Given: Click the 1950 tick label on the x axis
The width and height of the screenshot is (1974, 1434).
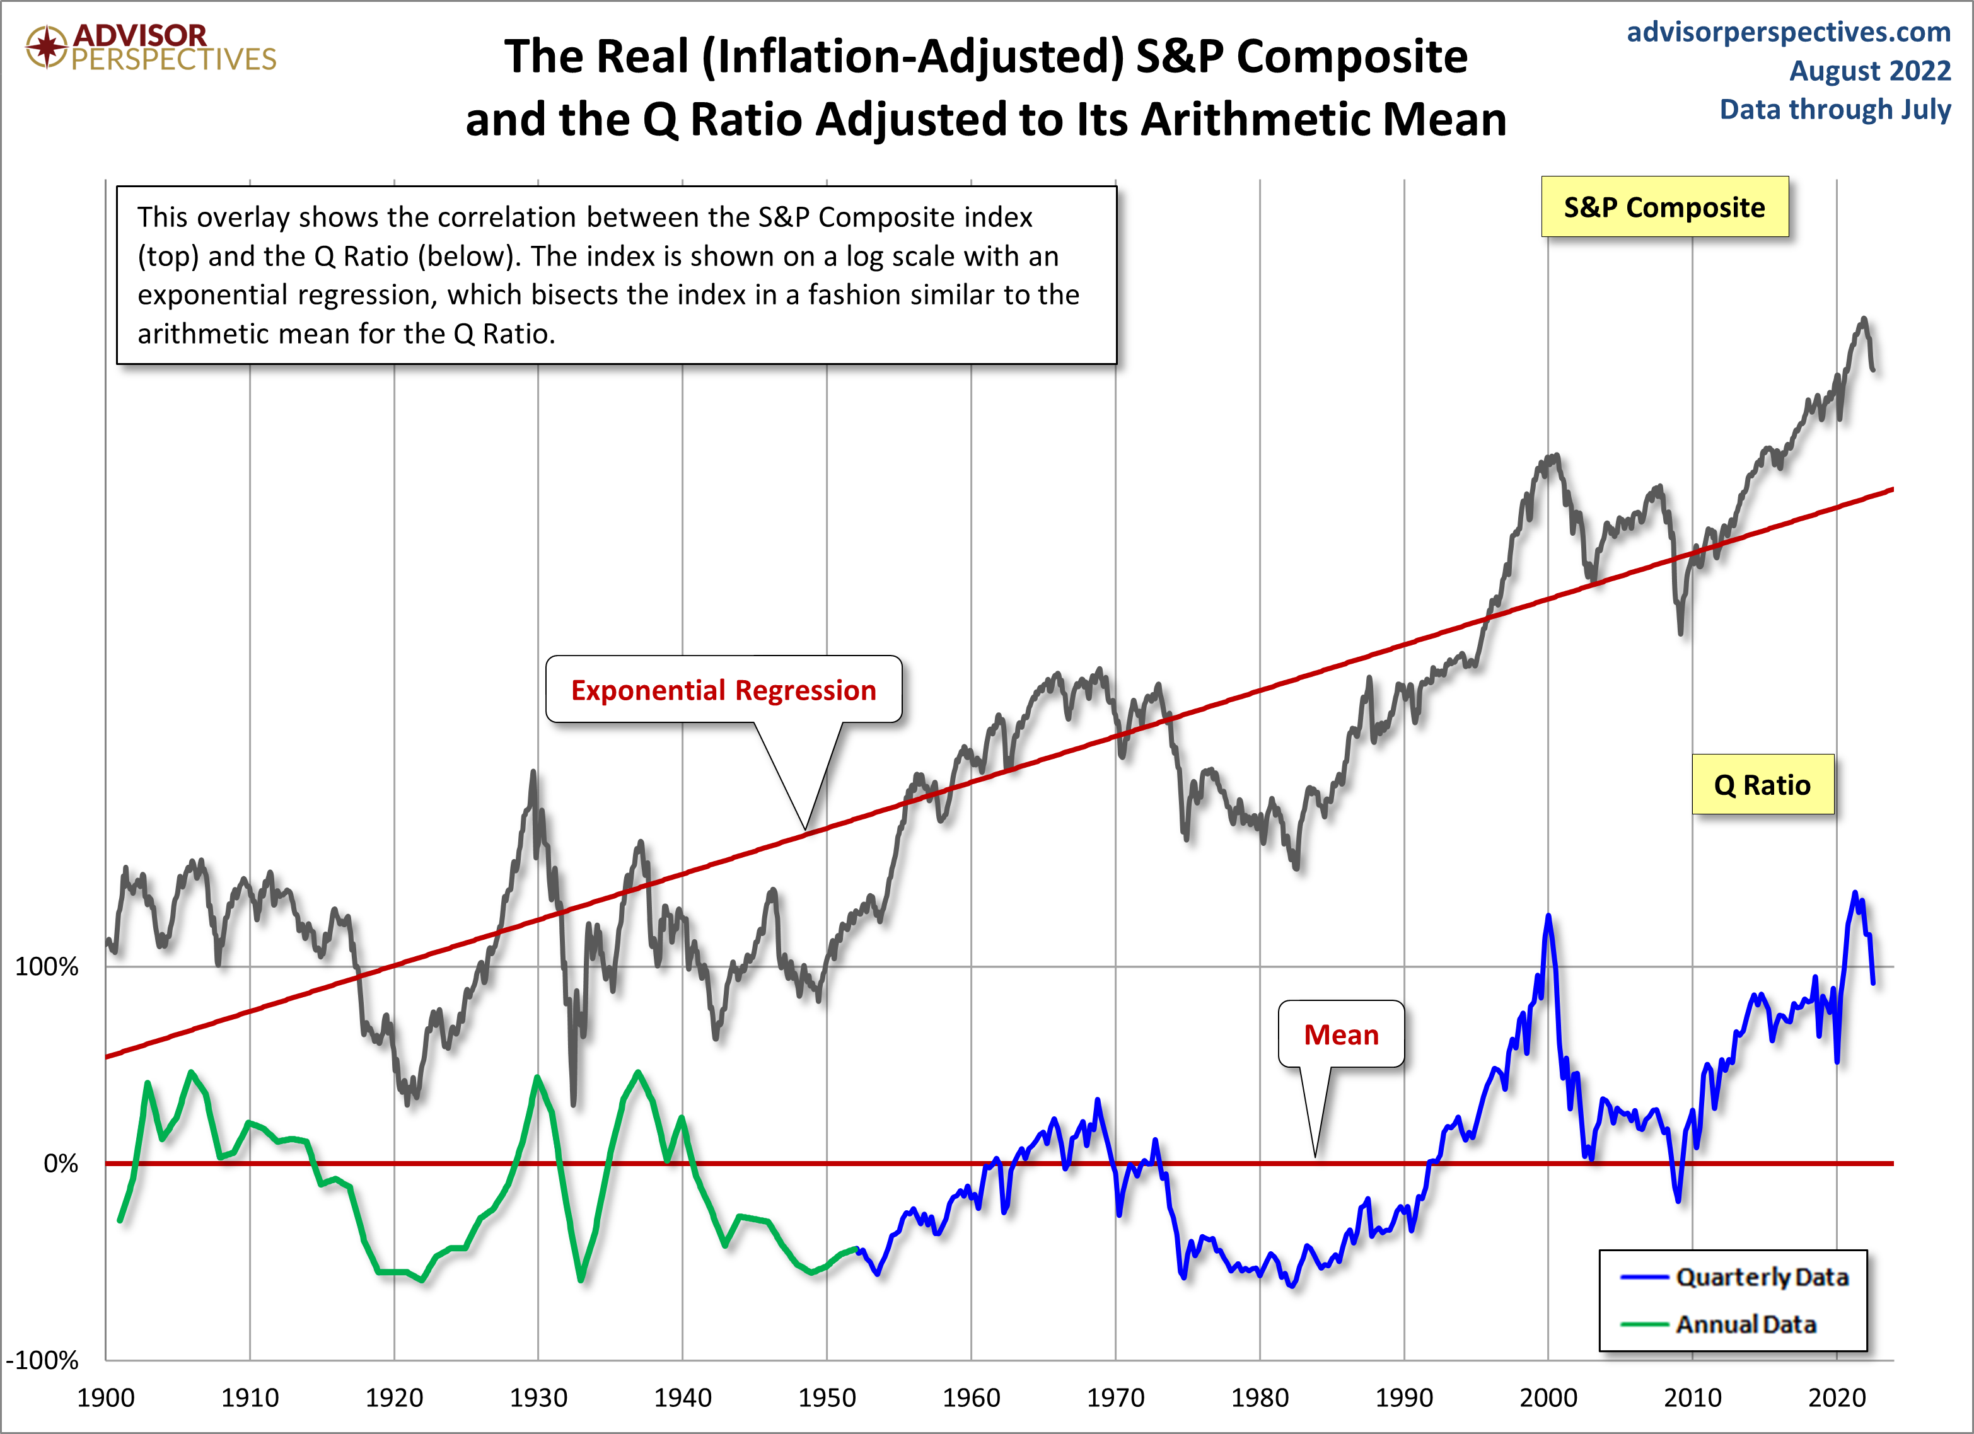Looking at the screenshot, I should pos(826,1397).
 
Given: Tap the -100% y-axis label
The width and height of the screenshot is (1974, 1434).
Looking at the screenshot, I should pos(42,1360).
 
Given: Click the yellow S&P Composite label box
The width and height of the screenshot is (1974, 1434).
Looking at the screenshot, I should pos(1664,207).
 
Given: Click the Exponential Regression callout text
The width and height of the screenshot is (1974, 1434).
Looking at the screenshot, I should pos(723,690).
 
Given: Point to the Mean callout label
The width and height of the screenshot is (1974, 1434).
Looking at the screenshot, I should pos(1340,1034).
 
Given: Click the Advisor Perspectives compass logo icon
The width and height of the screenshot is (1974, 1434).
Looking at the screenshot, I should pos(46,46).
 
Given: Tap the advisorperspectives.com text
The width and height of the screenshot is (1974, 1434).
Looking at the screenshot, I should pos(1789,32).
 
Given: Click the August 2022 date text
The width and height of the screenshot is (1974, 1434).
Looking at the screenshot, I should pos(1869,71).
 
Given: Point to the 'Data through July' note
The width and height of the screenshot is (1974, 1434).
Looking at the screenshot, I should pos(1835,110).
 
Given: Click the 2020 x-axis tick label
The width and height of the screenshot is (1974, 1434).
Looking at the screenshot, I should pos(1837,1397).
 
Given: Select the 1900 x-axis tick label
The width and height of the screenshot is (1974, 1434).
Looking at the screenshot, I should pos(105,1397).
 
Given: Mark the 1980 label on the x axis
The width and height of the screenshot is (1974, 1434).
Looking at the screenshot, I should pos(1260,1397).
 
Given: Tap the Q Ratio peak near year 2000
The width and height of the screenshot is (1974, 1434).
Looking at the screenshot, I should pos(1548,916).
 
